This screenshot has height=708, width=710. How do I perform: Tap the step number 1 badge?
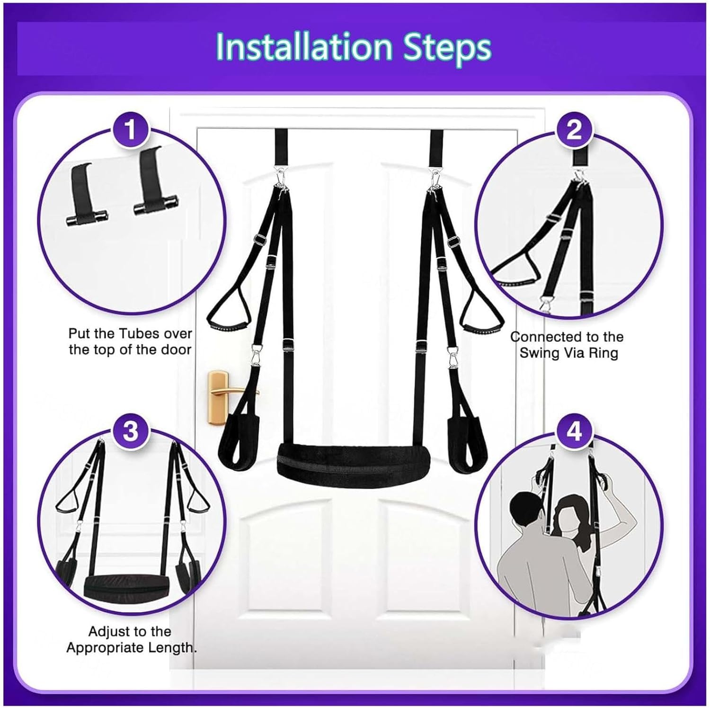click(130, 129)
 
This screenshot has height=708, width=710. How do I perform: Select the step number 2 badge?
click(574, 129)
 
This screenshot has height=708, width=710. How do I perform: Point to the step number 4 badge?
click(574, 431)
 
